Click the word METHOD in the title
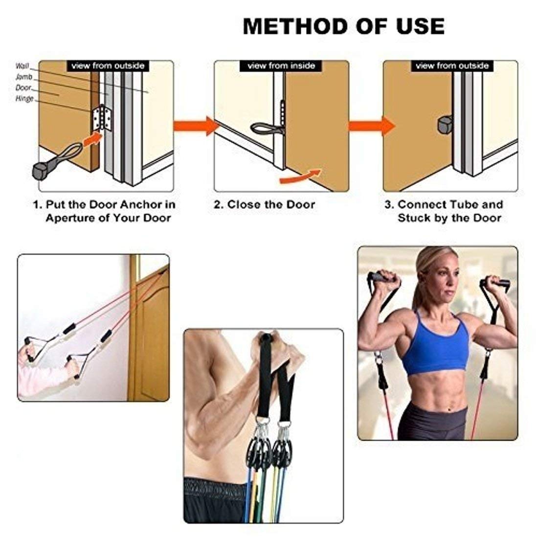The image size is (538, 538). [295, 26]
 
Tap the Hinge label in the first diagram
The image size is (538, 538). [24, 99]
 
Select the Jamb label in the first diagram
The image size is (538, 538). [24, 76]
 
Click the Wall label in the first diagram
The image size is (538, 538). [22, 66]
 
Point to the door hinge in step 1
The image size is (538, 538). [102, 118]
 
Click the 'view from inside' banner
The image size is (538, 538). [281, 66]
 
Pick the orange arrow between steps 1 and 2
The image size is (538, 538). [196, 126]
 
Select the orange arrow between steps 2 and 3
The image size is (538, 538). [372, 126]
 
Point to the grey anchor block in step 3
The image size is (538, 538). [445, 125]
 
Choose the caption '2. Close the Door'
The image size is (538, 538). [264, 204]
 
